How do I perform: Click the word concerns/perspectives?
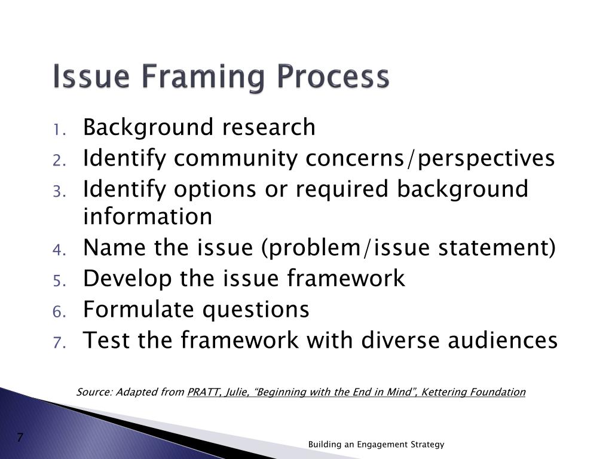[x=430, y=159]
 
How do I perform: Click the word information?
[x=148, y=216]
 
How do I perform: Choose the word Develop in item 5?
[x=125, y=279]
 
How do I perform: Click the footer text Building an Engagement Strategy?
[x=377, y=444]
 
